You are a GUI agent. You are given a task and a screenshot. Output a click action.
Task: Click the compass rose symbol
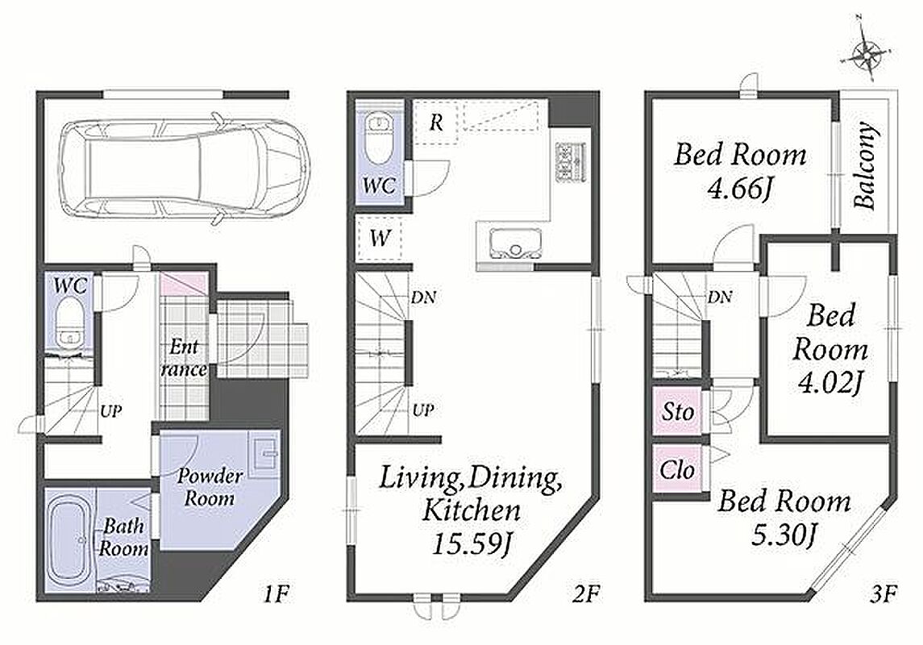[867, 56]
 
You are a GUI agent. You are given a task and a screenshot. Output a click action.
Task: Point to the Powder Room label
[209, 487]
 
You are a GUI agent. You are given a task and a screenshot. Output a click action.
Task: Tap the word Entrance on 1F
[183, 358]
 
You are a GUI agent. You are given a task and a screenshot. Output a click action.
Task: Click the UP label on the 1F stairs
[110, 410]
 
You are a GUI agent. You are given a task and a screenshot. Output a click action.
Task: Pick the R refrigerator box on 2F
[435, 123]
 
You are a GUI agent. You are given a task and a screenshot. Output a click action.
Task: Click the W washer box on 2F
[380, 239]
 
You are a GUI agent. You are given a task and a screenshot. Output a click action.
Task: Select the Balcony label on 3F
[864, 166]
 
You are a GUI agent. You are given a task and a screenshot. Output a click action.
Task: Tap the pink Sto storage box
[677, 411]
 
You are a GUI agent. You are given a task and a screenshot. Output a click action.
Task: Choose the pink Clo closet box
[677, 469]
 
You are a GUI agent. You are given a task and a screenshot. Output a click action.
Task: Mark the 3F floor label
[883, 594]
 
